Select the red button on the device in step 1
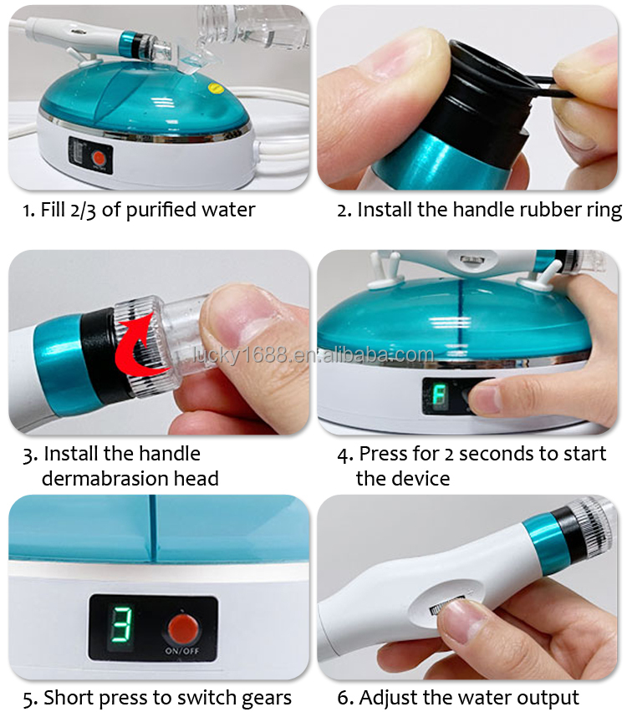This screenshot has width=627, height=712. pyautogui.click(x=99, y=157)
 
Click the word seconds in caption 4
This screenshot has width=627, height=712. pyautogui.click(x=498, y=455)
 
